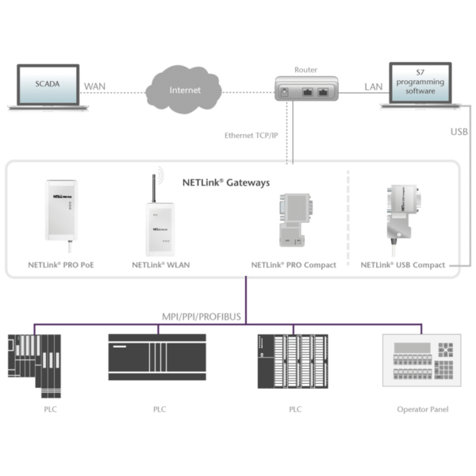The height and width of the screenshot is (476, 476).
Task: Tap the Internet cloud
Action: pos(179,90)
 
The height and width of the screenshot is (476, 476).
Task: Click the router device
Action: pos(305,89)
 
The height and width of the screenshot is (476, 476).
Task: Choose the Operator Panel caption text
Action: pos(422,409)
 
